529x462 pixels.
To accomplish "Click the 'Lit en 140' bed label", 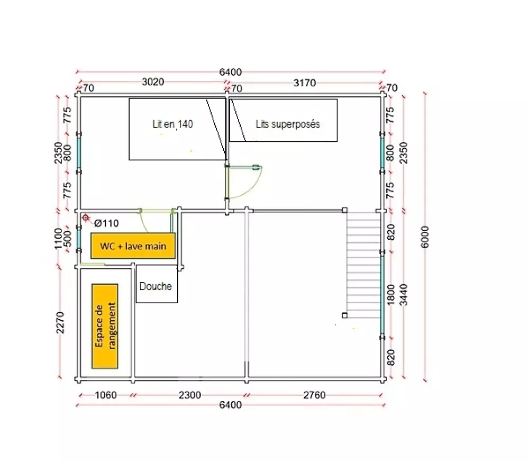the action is (173, 124).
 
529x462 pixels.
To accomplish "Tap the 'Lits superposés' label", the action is (288, 124).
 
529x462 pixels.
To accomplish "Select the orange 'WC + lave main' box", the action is (133, 246).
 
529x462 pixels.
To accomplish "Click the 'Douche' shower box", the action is (157, 284).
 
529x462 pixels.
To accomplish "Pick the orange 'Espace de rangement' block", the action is (105, 326).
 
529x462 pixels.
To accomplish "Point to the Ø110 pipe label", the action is (107, 223).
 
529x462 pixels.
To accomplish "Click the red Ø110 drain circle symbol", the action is (86, 218).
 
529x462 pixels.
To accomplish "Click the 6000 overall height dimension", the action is (425, 237).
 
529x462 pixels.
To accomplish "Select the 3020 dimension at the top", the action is (153, 81).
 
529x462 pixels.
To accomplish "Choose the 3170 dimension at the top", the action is (304, 83).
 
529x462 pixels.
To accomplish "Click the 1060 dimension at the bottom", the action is (106, 395).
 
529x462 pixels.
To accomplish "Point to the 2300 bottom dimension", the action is (189, 395).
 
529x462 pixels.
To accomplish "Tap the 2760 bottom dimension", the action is (314, 395).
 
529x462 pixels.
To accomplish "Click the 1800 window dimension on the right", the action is (391, 295).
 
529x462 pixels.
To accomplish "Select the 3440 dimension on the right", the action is (404, 295).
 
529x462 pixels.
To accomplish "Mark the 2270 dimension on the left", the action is (60, 322).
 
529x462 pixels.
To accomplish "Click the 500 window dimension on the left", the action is (68, 238).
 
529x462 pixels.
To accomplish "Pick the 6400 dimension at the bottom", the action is (231, 405).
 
